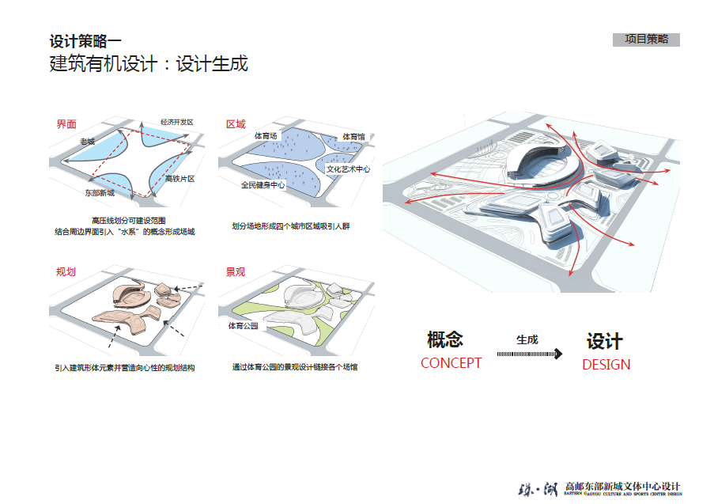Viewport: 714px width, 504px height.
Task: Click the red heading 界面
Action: [x=66, y=124]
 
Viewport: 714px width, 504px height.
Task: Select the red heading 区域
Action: [x=236, y=124]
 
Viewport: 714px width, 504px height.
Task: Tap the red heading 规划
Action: [x=66, y=272]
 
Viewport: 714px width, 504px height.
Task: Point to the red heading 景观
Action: [x=236, y=272]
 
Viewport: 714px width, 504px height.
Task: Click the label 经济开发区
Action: [x=176, y=123]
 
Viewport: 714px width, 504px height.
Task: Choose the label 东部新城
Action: [x=100, y=192]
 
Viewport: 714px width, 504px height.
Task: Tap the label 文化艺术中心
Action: [x=349, y=169]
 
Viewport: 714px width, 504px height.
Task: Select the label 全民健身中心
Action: [x=263, y=185]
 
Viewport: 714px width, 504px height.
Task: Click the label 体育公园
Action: [x=244, y=326]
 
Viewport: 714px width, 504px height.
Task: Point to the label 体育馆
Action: [x=353, y=137]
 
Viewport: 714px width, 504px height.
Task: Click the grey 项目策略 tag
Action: [x=646, y=40]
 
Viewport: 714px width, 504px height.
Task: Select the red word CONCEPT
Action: [x=451, y=363]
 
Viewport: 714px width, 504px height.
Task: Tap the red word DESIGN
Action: [x=606, y=365]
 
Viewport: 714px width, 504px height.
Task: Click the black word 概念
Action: [x=444, y=340]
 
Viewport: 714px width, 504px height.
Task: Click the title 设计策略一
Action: [x=85, y=42]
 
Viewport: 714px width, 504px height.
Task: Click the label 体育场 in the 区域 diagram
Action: [x=266, y=136]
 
